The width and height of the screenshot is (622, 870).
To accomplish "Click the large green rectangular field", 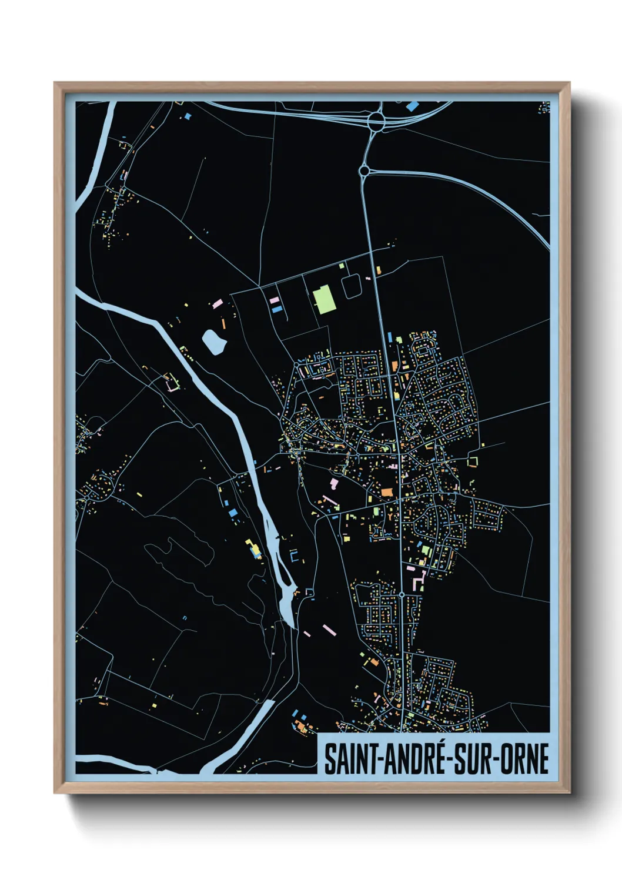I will click(324, 299).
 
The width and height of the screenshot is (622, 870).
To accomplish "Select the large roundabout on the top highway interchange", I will click(376, 122).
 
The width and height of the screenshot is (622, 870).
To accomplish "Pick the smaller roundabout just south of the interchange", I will click(364, 171).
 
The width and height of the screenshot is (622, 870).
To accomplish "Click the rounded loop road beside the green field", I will click(352, 286).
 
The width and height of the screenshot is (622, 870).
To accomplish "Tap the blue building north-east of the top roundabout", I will click(413, 106).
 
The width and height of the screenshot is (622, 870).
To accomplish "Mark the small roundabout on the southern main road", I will click(402, 595).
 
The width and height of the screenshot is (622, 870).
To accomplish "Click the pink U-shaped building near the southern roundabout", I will click(419, 582).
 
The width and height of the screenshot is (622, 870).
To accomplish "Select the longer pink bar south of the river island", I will click(329, 630).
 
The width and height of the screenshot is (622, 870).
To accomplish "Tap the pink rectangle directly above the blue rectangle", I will click(274, 300).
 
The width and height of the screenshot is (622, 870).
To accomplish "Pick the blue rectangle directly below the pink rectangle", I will click(276, 309).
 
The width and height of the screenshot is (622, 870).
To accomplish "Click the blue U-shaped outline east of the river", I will click(294, 556).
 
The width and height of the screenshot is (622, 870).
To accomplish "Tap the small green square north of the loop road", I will click(342, 266).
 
